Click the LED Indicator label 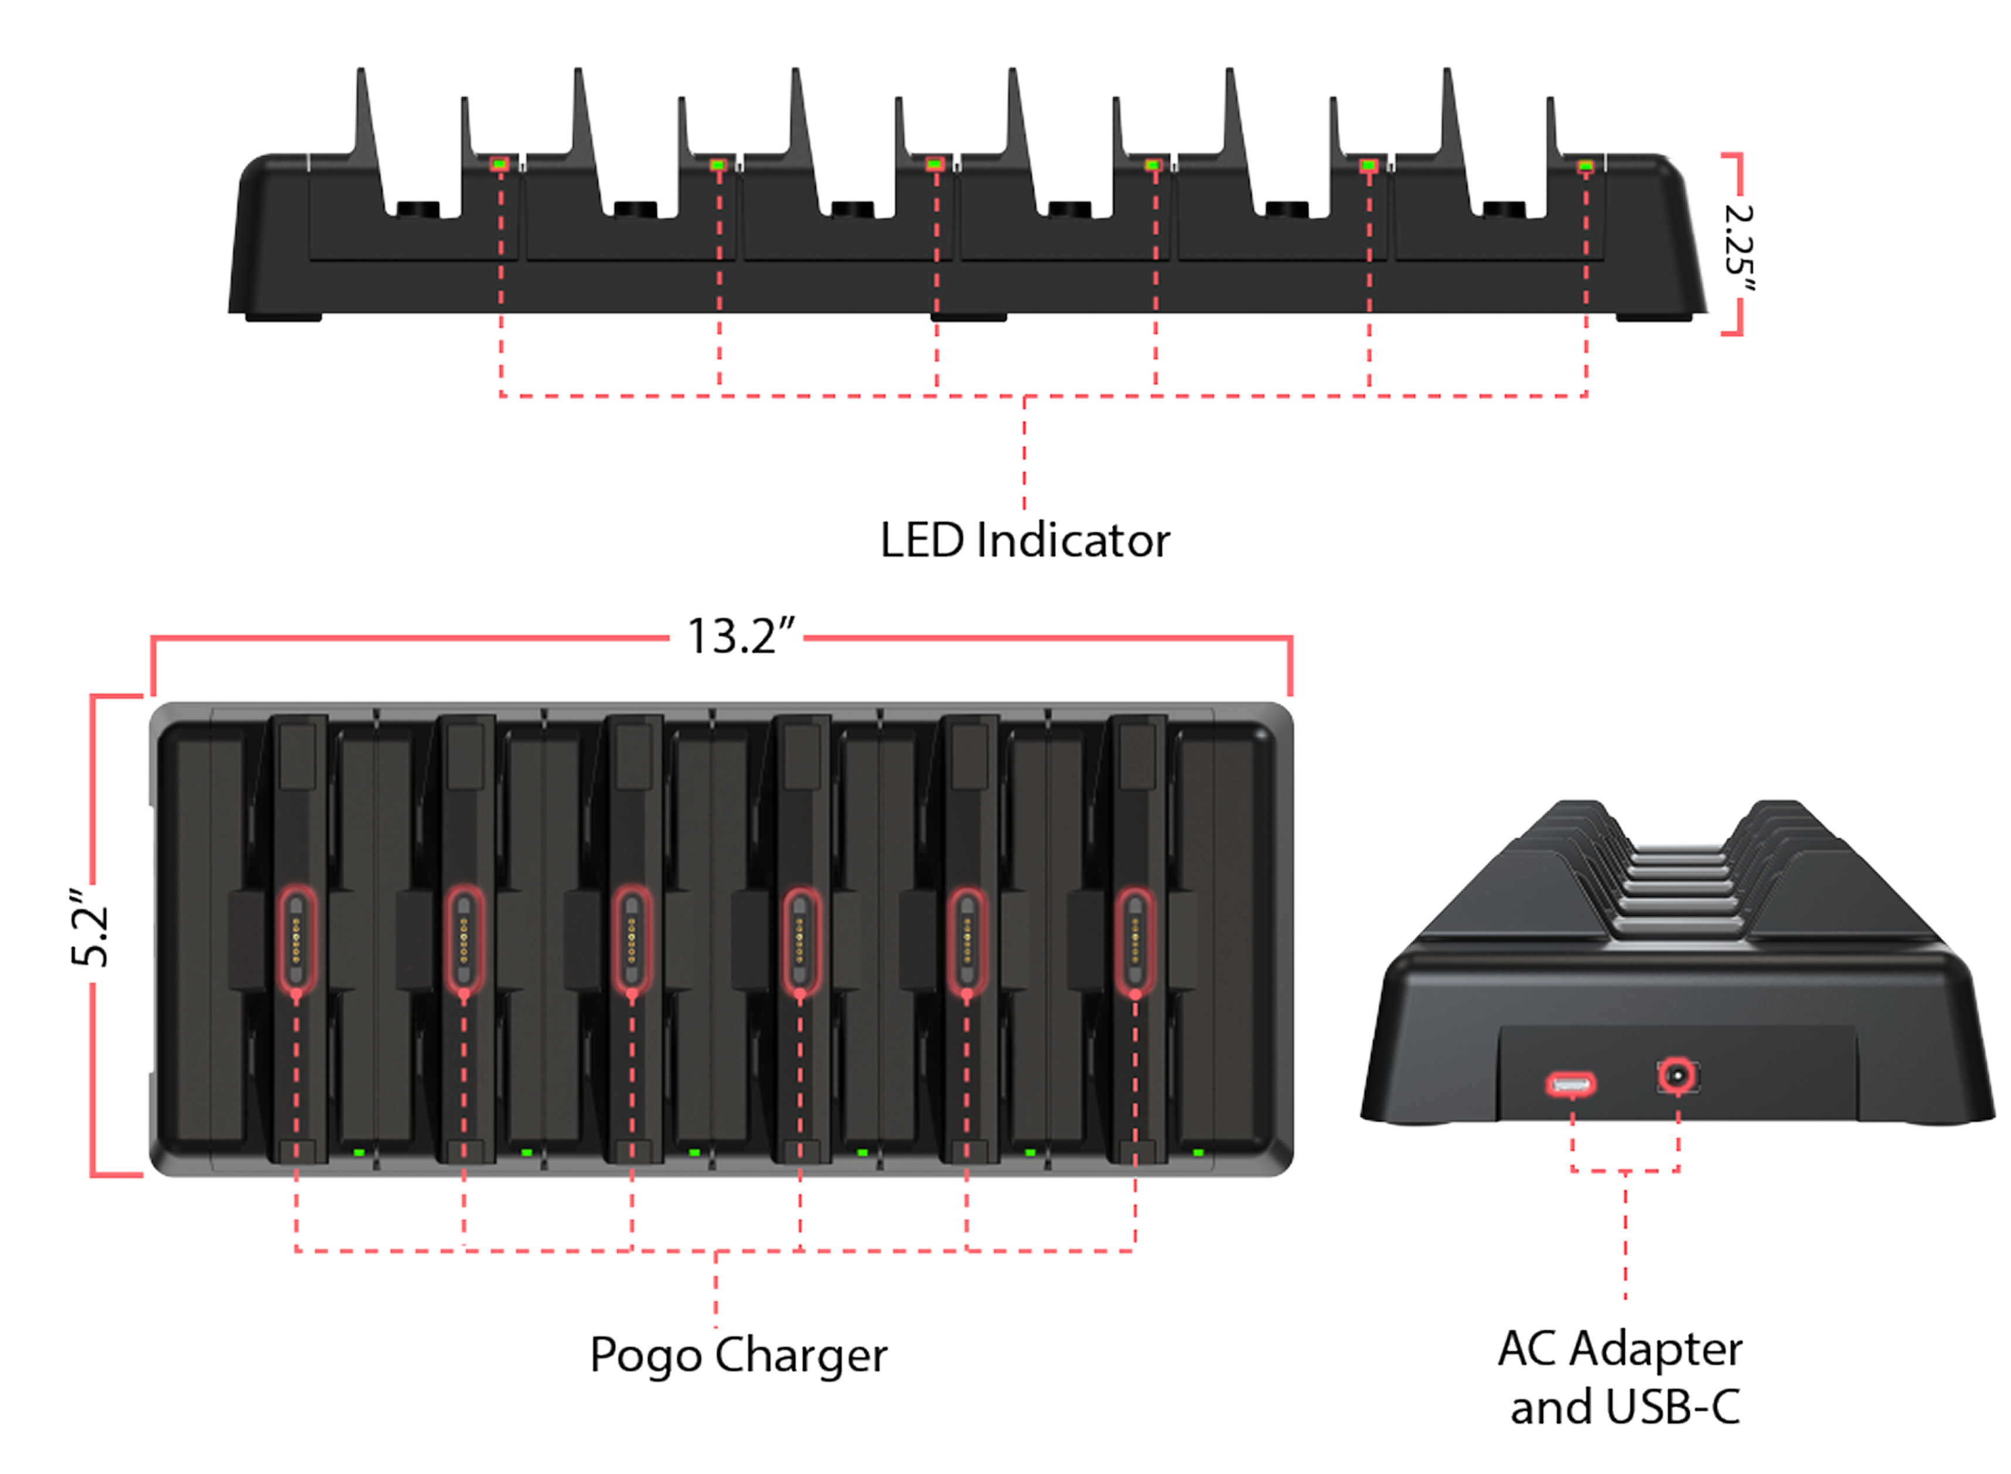click(1024, 541)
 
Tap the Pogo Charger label click(739, 1354)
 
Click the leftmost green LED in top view click(359, 1152)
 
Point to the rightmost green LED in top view click(1198, 1152)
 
